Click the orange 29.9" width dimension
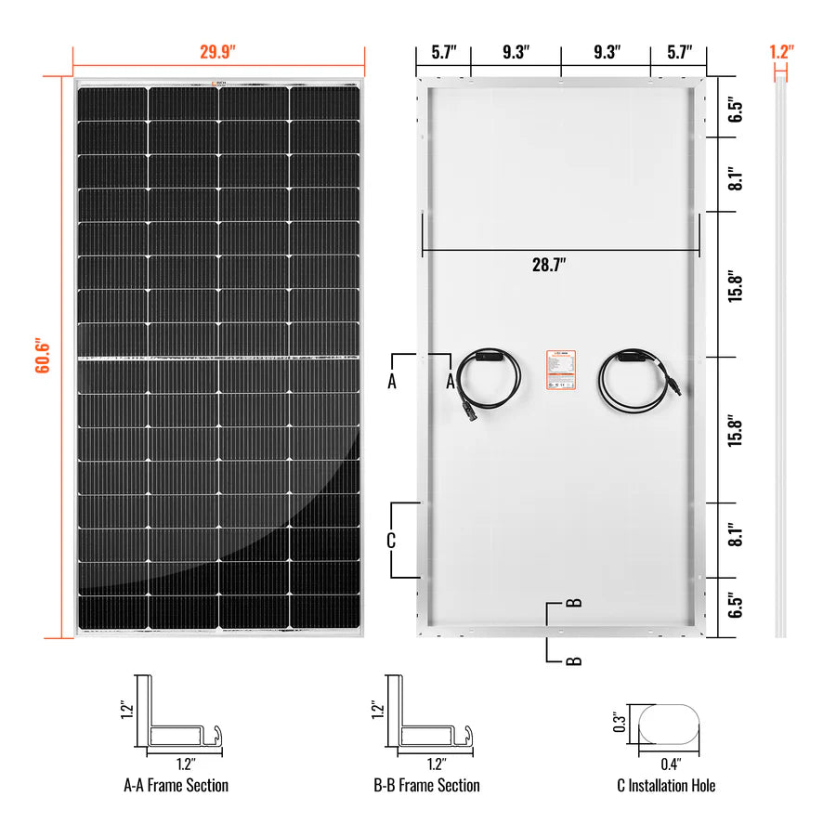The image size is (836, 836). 218,52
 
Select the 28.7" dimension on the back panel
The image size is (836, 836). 549,265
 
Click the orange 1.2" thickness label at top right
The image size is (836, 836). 780,52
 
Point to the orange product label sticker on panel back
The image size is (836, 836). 560,374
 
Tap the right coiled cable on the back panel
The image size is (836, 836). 634,381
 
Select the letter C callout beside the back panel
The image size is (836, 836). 391,540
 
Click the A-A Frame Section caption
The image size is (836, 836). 176,785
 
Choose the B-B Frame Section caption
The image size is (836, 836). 426,785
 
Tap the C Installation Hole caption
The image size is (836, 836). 666,785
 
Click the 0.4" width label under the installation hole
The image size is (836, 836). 671,764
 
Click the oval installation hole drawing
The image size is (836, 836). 669,724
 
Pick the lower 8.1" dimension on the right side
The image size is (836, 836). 735,536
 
